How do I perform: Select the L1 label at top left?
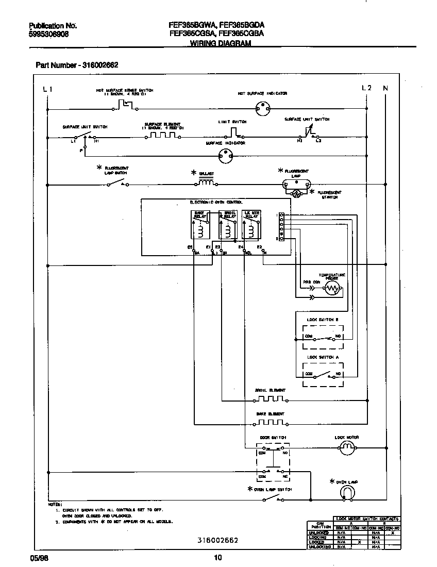point(47,89)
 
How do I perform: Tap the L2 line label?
point(367,88)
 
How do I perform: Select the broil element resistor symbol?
point(271,399)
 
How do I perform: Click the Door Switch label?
point(273,437)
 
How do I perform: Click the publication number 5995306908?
point(48,34)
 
